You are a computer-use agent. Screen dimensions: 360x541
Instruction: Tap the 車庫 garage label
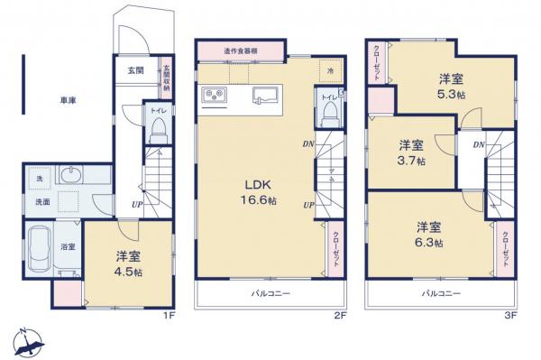point(67,100)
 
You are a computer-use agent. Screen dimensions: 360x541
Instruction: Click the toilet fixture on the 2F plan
point(329,112)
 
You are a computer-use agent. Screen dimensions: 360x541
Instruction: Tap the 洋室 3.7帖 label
point(412,152)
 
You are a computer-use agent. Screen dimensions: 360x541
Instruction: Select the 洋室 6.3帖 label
point(430,234)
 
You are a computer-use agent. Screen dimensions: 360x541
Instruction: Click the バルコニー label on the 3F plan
point(442,293)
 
